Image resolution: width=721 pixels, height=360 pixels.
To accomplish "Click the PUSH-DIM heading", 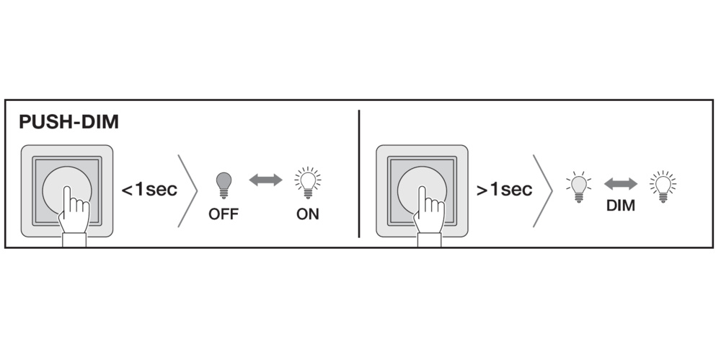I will click(x=69, y=122).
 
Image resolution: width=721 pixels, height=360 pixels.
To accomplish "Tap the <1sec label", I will click(x=149, y=190).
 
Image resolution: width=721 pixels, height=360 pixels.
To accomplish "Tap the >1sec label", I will click(x=504, y=190).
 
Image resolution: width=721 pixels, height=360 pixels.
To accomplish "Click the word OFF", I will click(x=224, y=214).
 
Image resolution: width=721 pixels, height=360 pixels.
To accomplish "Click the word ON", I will click(x=307, y=214).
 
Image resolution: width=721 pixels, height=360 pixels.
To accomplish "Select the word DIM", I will click(x=620, y=206).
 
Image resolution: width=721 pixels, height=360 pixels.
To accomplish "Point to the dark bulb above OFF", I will click(x=224, y=183).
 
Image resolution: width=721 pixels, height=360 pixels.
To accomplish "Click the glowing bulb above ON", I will click(x=308, y=182).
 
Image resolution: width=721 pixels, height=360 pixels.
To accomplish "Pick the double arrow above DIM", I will click(x=620, y=184).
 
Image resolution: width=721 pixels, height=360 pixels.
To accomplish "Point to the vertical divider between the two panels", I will click(x=359, y=173).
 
